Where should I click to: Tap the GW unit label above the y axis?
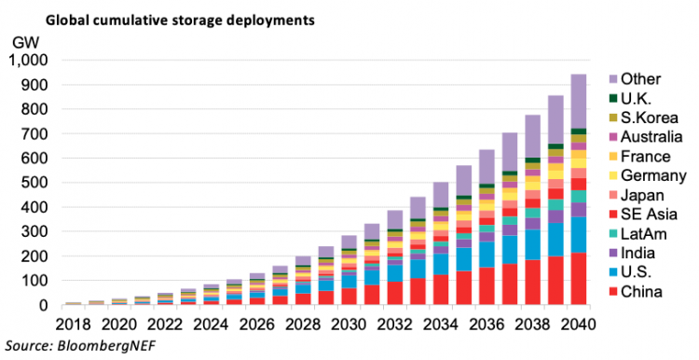tap(25, 43)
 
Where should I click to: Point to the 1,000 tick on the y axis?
tap(32, 61)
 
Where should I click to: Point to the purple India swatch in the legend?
tap(613, 254)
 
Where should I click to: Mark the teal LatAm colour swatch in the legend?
tap(613, 234)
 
